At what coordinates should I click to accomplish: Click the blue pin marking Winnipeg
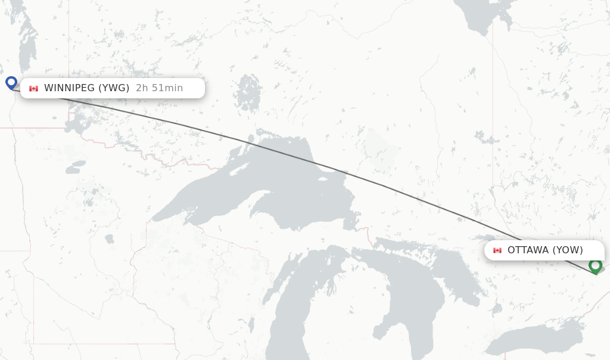pos(11,82)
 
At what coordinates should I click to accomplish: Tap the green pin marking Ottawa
pos(595,265)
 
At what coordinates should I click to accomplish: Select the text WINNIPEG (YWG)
pos(86,88)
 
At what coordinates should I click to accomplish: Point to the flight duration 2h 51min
pos(159,88)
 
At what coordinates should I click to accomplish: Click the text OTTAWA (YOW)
pos(545,250)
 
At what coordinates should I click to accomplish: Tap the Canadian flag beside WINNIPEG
pos(33,89)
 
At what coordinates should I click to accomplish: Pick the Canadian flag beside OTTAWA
pos(497,250)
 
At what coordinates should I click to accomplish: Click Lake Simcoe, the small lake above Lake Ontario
pos(495,309)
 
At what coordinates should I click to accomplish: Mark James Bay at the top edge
pos(483,18)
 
